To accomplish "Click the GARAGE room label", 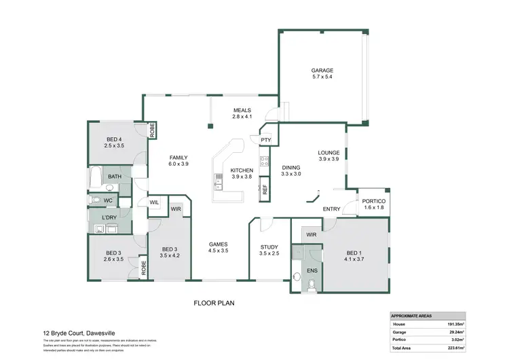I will (322, 70).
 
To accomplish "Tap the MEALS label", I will (242, 110).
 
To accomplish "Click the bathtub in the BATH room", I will (96, 177).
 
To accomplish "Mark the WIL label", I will (154, 202).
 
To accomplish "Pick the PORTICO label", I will (373, 202).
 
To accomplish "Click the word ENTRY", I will (332, 209).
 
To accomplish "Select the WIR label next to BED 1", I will (312, 234).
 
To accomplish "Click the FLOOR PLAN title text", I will (215, 303).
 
